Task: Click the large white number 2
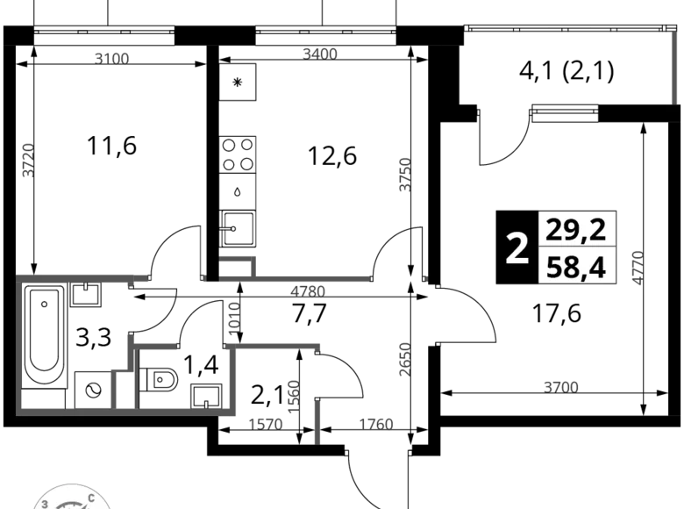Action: [x=517, y=249]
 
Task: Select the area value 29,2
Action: [x=577, y=230]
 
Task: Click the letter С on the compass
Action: [x=91, y=498]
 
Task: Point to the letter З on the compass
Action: [x=44, y=503]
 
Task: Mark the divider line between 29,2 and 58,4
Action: [x=577, y=247]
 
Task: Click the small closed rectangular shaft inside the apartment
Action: [x=123, y=388]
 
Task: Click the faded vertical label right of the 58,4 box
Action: [x=638, y=266]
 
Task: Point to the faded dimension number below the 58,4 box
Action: [x=560, y=385]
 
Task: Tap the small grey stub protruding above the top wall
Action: [x=239, y=259]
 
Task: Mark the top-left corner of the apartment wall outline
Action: [x=19, y=278]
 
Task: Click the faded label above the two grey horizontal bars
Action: [x=111, y=58]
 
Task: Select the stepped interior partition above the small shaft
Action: [x=153, y=343]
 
